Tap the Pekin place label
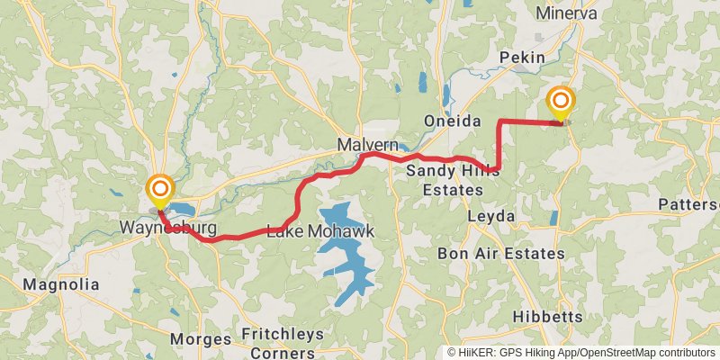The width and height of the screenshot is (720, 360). click(x=522, y=57)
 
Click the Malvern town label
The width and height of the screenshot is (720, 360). click(x=368, y=145)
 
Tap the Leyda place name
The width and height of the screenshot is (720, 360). click(x=492, y=217)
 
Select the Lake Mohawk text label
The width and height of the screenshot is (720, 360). click(x=320, y=232)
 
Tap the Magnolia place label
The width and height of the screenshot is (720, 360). click(x=61, y=284)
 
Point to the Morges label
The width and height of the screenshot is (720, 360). click(x=200, y=339)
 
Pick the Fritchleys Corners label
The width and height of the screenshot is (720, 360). click(x=283, y=343)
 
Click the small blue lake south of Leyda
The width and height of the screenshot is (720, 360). click(x=553, y=219)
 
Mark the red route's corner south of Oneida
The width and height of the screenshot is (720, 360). click(x=499, y=121)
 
